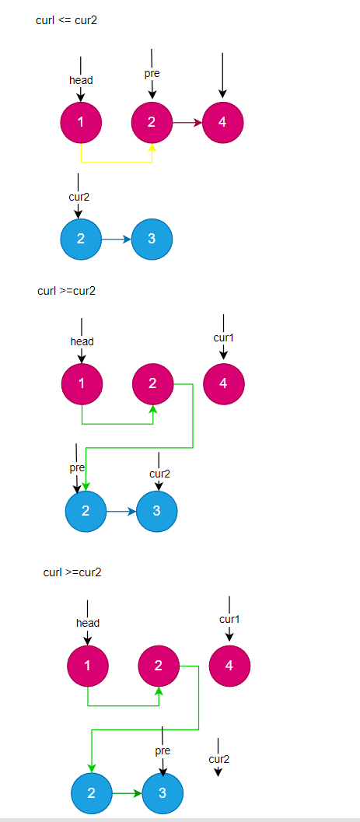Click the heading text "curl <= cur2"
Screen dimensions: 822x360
tap(66, 20)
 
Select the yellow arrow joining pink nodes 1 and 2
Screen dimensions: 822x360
tap(117, 162)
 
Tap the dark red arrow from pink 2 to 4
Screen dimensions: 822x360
tap(187, 122)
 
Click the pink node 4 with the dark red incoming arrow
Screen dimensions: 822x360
tap(223, 122)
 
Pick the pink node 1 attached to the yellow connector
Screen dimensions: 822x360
tap(81, 122)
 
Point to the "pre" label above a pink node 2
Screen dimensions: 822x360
tap(152, 74)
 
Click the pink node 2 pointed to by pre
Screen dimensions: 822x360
tap(152, 122)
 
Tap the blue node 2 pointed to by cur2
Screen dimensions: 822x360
tap(80, 239)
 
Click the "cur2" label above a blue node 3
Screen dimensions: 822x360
tap(159, 474)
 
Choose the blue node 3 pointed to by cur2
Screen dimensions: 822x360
tap(157, 511)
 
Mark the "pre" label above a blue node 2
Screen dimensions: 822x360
tap(77, 468)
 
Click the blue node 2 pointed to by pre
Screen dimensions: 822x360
tap(86, 511)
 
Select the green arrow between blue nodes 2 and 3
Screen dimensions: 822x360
tap(127, 793)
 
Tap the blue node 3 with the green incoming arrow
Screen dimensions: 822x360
tap(163, 793)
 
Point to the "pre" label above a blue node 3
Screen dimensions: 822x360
tap(163, 751)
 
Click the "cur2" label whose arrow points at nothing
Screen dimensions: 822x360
tap(219, 759)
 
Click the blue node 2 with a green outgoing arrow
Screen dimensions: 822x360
tap(92, 793)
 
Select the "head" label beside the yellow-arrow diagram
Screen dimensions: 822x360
tap(81, 80)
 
